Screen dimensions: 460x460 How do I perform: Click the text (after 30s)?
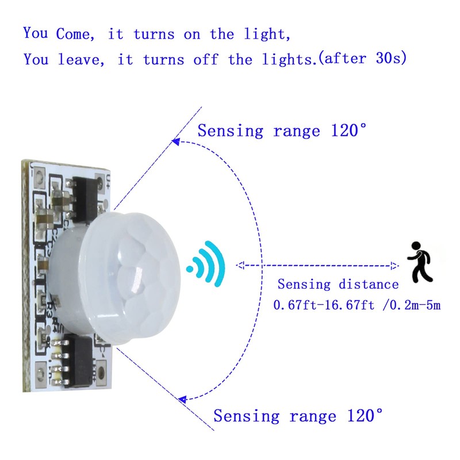[x=363, y=59]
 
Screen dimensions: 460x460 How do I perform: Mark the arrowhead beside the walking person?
[x=394, y=266]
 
